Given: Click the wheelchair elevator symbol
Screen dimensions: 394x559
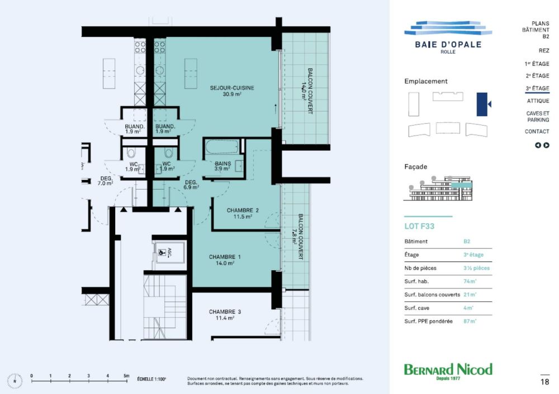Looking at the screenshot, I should (162, 252).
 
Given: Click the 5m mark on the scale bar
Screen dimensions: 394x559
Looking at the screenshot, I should (126, 376).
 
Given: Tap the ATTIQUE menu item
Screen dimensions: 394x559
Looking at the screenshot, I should (537, 101).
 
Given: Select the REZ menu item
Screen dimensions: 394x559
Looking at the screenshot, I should (543, 51).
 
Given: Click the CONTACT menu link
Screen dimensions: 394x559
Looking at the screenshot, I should (537, 132).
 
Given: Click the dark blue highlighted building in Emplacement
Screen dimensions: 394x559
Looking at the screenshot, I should (482, 104).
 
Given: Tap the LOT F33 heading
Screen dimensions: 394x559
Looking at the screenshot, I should (419, 227).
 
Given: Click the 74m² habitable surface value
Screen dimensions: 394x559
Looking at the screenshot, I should (468, 281).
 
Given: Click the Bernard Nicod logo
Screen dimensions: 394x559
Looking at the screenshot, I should (448, 371).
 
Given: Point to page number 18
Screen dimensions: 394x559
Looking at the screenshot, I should (544, 382).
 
